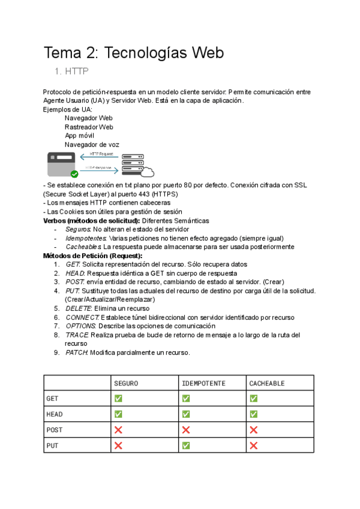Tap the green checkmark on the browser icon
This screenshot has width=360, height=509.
pyautogui.click(x=74, y=174)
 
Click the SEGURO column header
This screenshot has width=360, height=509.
pyautogui.click(x=127, y=383)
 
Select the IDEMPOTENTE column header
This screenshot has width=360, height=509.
pyautogui.click(x=203, y=383)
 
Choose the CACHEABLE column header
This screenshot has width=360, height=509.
pyautogui.click(x=267, y=383)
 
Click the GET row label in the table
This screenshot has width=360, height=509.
pyautogui.click(x=53, y=399)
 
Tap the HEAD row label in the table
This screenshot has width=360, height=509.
pyautogui.click(x=55, y=414)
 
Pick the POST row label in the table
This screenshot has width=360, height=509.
pyautogui.click(x=55, y=430)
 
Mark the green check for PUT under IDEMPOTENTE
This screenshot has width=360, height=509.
pyautogui.click(x=186, y=445)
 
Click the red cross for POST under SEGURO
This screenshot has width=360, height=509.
pyautogui.click(x=118, y=430)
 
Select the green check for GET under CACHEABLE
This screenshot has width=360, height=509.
pyautogui.click(x=254, y=399)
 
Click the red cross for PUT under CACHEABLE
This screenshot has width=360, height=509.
pyautogui.click(x=254, y=445)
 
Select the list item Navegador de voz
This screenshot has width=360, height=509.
pyautogui.click(x=92, y=145)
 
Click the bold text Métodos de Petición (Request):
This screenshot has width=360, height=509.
pyautogui.click(x=93, y=256)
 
